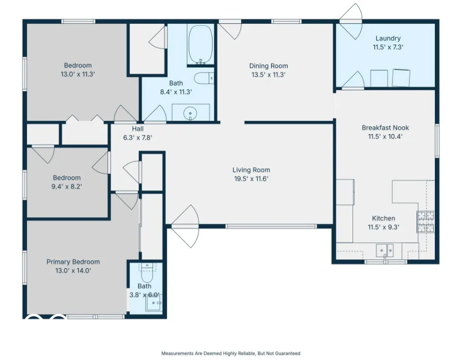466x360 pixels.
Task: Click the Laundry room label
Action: pyautogui.click(x=388, y=38)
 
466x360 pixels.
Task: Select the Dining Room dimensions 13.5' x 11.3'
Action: pyautogui.click(x=269, y=75)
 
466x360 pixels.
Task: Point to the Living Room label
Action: pyautogui.click(x=251, y=170)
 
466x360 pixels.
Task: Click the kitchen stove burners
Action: pyautogui.click(x=426, y=221)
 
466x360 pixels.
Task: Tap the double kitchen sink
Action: pyautogui.click(x=385, y=251)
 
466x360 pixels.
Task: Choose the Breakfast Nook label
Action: pyautogui.click(x=385, y=128)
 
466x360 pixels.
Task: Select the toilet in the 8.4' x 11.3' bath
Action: pyautogui.click(x=204, y=78)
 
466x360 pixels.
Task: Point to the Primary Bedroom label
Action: pyautogui.click(x=73, y=262)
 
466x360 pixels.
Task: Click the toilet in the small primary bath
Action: pyautogui.click(x=147, y=272)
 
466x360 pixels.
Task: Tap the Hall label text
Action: pyautogui.click(x=137, y=129)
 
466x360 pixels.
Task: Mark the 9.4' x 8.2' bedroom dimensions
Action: pyautogui.click(x=66, y=187)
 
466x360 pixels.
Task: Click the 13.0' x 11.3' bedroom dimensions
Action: pyautogui.click(x=78, y=74)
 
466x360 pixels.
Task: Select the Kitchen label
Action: pyautogui.click(x=384, y=218)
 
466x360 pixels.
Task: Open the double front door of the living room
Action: pyautogui.click(x=185, y=226)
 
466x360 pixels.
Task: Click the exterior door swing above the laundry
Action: pyautogui.click(x=351, y=21)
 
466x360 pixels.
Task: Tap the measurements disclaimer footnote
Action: pyautogui.click(x=231, y=353)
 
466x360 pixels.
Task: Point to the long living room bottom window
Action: pyautogui.click(x=271, y=226)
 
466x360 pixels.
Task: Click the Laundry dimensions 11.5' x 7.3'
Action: pyautogui.click(x=388, y=47)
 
